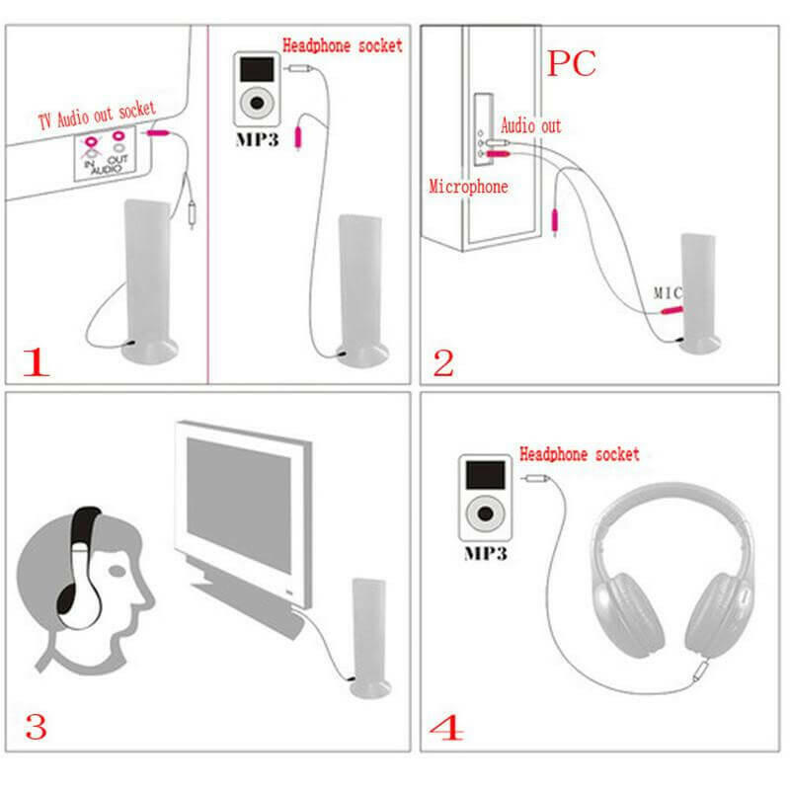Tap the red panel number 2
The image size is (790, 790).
tap(443, 363)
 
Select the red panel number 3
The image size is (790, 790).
tap(36, 728)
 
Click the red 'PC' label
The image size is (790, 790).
tap(572, 63)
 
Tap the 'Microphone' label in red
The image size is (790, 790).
tap(468, 186)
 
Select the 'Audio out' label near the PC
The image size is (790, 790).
tap(531, 126)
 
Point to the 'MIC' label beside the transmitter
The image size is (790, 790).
tap(669, 293)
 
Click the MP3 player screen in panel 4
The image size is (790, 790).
tap(484, 474)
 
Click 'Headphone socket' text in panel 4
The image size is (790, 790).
tap(580, 454)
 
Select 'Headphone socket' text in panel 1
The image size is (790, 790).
tap(343, 45)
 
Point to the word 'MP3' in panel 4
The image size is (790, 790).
tap(485, 554)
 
